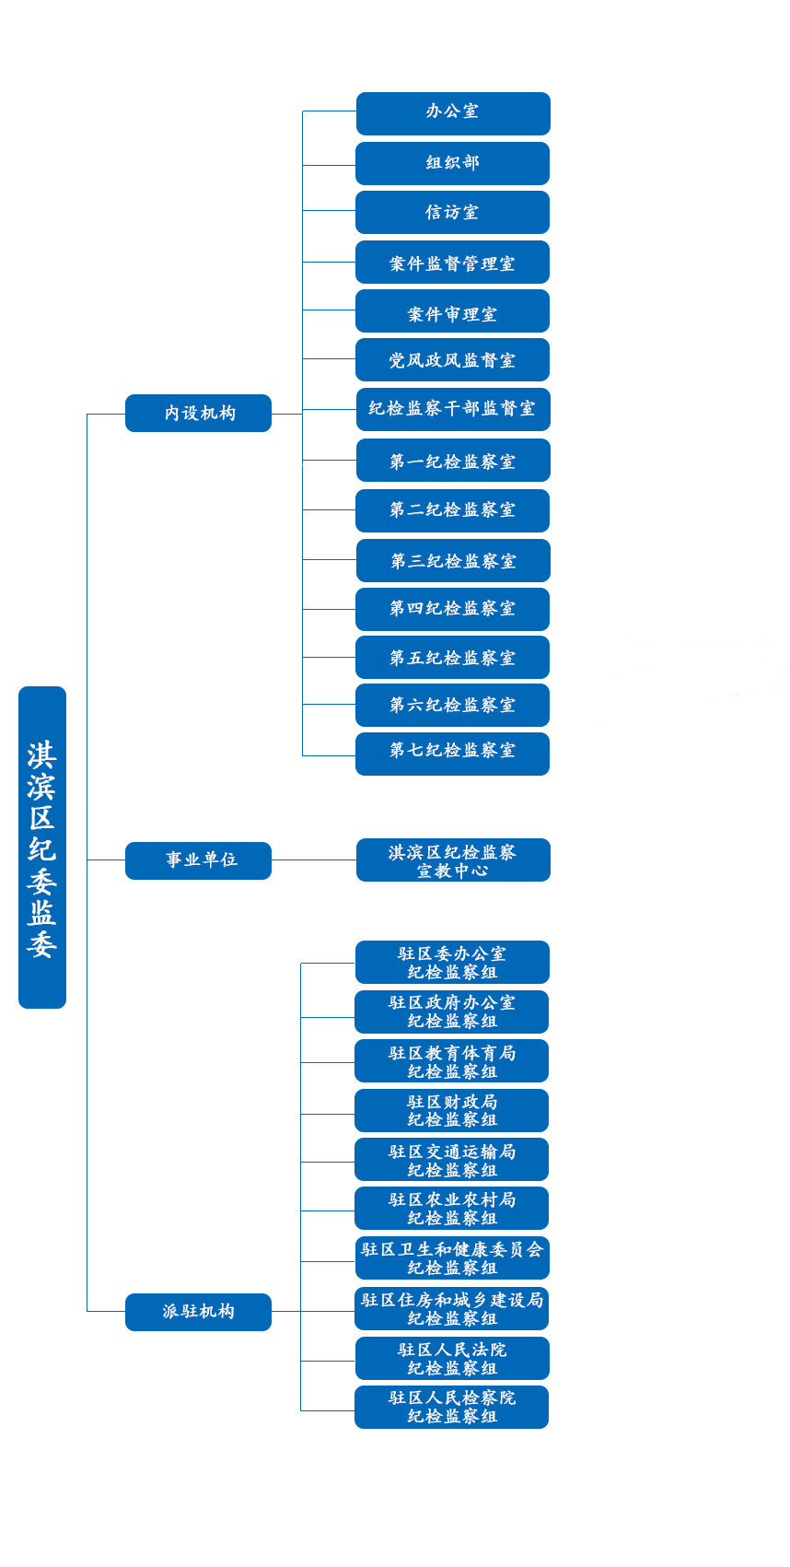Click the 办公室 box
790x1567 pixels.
pos(453,113)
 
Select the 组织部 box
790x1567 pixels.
pos(453,163)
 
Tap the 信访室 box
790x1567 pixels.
pos(453,212)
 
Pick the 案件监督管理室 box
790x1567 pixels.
pos(453,263)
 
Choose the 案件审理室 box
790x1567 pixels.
pos(453,311)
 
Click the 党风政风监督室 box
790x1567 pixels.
pos(453,360)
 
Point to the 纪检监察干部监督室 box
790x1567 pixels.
pos(453,409)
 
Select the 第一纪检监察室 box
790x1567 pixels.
pos(453,461)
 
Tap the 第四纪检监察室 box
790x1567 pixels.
pos(453,609)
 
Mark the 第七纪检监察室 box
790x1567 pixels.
pos(453,754)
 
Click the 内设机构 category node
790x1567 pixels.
pos(199,413)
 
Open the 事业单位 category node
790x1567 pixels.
pos(199,860)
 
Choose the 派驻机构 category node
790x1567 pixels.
pos(199,1312)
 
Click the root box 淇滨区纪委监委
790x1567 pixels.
pos(42,848)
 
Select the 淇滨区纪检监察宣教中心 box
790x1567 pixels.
pos(453,860)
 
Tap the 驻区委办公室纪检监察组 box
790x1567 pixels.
pos(452,963)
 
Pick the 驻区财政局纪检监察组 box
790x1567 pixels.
pos(452,1111)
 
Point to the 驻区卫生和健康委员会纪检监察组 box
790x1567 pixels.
pos(452,1258)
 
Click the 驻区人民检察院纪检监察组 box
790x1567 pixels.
pos(452,1408)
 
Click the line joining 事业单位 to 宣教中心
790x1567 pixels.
pos(314,860)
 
